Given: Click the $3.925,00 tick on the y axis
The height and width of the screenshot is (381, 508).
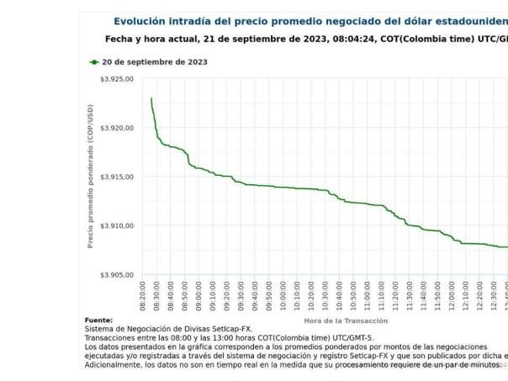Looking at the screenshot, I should pyautogui.click(x=117, y=79).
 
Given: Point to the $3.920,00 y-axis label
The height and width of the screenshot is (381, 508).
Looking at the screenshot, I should pyautogui.click(x=117, y=128).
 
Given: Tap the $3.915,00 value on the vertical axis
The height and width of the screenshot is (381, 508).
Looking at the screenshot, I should pyautogui.click(x=117, y=177).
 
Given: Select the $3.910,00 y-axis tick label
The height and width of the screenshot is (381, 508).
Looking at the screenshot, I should pyautogui.click(x=117, y=226).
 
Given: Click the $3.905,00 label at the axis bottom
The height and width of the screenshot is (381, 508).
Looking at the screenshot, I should pyautogui.click(x=117, y=275).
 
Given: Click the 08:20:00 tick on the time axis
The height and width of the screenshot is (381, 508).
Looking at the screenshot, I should pyautogui.click(x=143, y=295).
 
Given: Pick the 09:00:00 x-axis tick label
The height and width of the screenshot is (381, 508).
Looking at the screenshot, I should pyautogui.click(x=198, y=295).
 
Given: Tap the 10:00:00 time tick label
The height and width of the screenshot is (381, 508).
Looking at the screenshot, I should pyautogui.click(x=283, y=295).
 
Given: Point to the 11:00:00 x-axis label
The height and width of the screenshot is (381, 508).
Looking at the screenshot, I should pyautogui.click(x=368, y=295).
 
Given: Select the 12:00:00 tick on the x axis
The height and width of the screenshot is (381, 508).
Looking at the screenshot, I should pyautogui.click(x=452, y=295).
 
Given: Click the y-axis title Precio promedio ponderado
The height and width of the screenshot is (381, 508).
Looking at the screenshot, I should pyautogui.click(x=91, y=177).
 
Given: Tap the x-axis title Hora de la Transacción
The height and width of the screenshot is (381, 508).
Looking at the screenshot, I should pyautogui.click(x=345, y=320).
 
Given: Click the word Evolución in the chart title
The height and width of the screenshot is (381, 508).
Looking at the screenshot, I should pyautogui.click(x=144, y=21).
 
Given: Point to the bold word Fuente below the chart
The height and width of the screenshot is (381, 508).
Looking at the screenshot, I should pyautogui.click(x=98, y=320).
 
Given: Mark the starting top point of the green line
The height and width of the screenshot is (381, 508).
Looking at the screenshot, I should pyautogui.click(x=151, y=98).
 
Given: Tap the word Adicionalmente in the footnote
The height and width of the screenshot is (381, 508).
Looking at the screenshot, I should pyautogui.click(x=114, y=366).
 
